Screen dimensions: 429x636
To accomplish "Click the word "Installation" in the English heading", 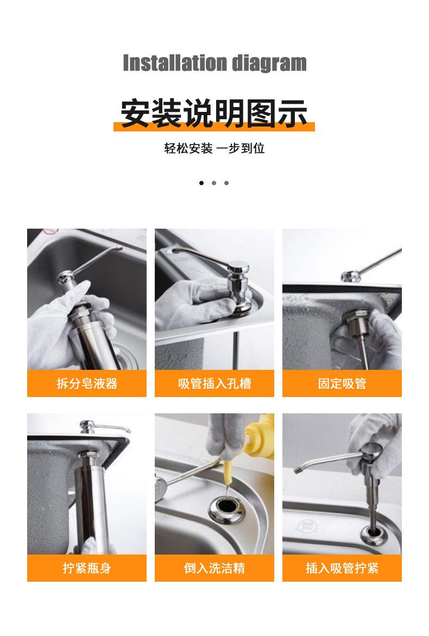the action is point(175,63).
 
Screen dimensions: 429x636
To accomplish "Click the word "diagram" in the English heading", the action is point(269,64).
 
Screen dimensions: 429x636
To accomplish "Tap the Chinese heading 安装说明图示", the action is point(214,113).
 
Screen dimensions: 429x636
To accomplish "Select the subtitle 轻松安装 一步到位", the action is point(214,148).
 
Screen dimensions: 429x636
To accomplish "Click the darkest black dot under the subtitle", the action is point(201,183).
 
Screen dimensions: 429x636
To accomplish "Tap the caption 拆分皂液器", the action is point(87,383).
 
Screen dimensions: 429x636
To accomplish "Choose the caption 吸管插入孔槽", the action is point(214,383).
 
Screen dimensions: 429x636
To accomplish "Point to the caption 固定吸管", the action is point(342,383).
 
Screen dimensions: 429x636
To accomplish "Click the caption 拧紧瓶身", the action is point(87,568).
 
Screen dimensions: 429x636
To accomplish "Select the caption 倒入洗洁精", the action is point(214,568).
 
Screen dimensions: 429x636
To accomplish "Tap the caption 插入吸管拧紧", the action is point(342,568).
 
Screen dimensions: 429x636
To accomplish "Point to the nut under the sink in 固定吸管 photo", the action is point(356,320).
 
